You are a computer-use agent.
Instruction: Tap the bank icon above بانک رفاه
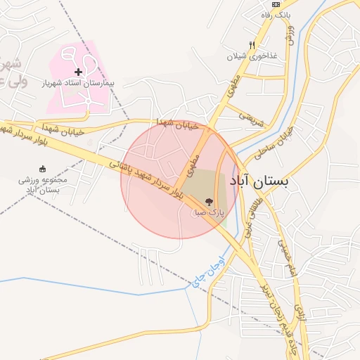[x=277, y=4]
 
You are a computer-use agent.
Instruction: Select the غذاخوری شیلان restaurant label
[x=252, y=56]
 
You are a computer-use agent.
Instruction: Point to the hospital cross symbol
[x=78, y=72]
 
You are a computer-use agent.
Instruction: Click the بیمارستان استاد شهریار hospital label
[x=77, y=83]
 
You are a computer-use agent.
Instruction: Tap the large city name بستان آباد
[x=259, y=181]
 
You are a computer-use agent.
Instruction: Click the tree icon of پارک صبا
[x=208, y=201]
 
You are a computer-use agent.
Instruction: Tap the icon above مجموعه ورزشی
[x=43, y=169]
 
